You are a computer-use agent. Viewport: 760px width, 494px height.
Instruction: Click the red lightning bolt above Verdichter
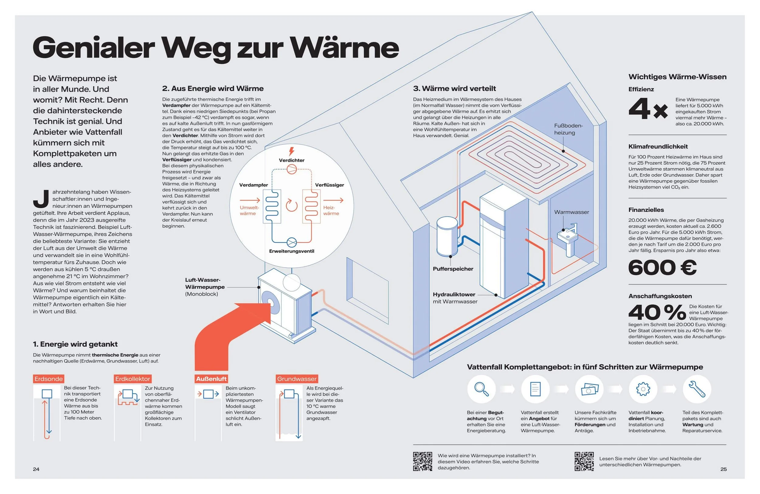(x=291, y=151)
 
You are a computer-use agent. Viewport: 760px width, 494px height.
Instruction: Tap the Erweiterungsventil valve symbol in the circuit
(x=292, y=242)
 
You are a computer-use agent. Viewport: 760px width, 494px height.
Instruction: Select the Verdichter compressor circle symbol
(x=292, y=169)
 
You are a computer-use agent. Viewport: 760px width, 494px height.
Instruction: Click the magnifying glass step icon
(x=481, y=389)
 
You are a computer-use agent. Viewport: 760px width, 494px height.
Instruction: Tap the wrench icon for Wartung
(x=697, y=389)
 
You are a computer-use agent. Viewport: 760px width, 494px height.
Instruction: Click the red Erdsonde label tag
(x=49, y=379)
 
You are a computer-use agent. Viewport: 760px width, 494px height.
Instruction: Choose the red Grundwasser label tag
(x=297, y=379)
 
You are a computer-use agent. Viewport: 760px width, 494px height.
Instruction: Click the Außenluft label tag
(x=211, y=379)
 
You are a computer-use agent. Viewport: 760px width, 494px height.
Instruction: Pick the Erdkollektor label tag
(x=133, y=379)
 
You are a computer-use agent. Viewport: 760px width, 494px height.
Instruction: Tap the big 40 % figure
(x=657, y=312)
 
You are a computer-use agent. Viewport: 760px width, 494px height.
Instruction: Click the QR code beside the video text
(x=423, y=461)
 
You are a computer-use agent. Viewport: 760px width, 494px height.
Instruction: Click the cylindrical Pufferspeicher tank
(x=447, y=236)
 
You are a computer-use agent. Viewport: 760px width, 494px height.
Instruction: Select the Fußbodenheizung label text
(x=568, y=129)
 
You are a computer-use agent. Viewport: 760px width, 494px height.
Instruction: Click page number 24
(x=36, y=469)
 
